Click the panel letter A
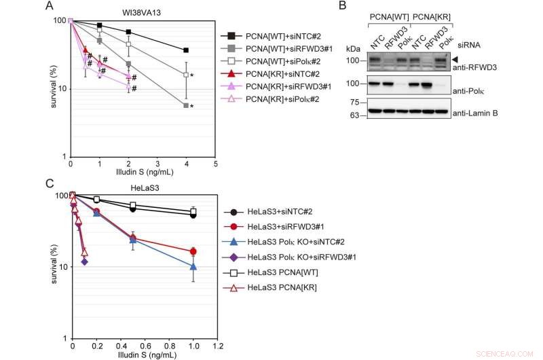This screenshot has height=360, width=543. click(x=49, y=6)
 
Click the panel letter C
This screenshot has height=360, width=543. click(x=49, y=181)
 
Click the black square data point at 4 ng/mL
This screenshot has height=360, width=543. click(x=186, y=50)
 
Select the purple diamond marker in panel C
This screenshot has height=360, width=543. click(x=84, y=262)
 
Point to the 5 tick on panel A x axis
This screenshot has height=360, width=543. click(x=215, y=165)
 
